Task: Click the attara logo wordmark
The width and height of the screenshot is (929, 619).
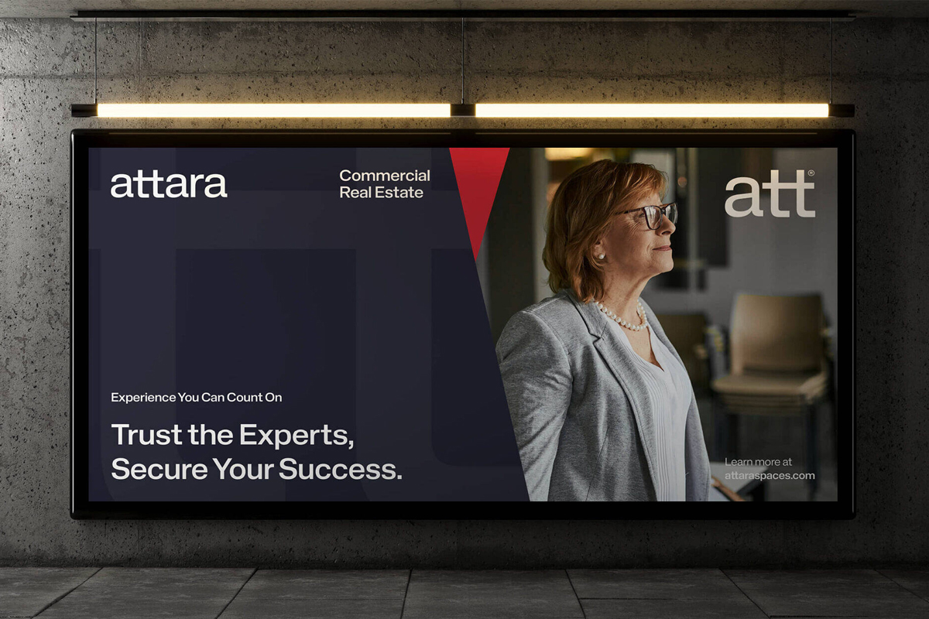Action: tap(169, 185)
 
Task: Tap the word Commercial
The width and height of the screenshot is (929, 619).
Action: tap(385, 176)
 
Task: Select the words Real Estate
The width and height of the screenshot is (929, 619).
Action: tap(381, 193)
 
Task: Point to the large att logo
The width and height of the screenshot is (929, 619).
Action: tap(770, 194)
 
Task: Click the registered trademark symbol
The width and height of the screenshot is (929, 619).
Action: tap(811, 173)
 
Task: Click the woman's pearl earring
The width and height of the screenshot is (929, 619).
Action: tap(600, 257)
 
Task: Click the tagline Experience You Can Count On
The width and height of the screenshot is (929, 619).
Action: tap(196, 397)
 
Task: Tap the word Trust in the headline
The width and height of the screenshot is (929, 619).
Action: tap(147, 435)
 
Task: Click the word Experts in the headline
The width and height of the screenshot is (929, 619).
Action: tap(297, 436)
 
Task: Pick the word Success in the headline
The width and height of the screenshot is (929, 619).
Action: tap(340, 469)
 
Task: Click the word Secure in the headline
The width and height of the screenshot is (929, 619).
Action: tap(159, 469)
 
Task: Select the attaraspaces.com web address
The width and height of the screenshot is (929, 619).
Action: tap(770, 476)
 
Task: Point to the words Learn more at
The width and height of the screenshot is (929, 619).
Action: tap(758, 462)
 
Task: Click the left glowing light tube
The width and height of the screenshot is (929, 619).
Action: tap(274, 111)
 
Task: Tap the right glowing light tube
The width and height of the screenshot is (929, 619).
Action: tap(652, 111)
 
